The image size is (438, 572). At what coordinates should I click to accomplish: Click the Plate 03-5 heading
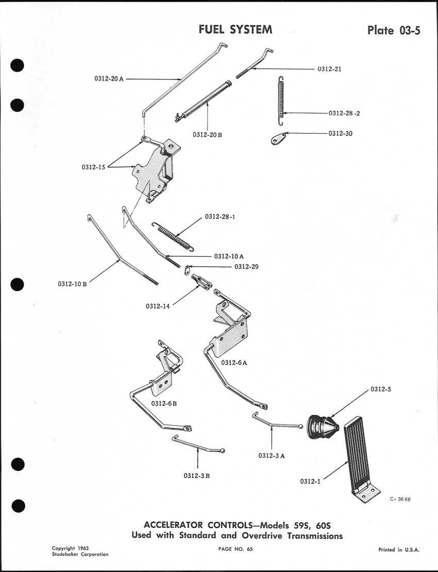(x=394, y=30)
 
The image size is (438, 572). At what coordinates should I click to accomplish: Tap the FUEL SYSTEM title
(x=235, y=29)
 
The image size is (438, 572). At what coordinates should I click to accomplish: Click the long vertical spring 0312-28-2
(x=281, y=101)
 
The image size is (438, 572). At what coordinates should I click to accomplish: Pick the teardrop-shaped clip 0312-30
(x=279, y=138)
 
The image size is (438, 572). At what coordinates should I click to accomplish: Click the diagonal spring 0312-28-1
(x=173, y=236)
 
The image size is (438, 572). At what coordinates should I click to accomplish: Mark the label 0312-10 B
(x=72, y=283)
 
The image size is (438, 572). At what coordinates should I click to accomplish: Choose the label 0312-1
(x=310, y=481)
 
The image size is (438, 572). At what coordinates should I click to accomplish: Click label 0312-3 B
(x=196, y=476)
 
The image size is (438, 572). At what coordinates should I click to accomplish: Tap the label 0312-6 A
(x=234, y=363)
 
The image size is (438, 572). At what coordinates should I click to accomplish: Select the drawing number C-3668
(x=401, y=499)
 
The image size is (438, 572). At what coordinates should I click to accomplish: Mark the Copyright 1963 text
(x=70, y=548)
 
